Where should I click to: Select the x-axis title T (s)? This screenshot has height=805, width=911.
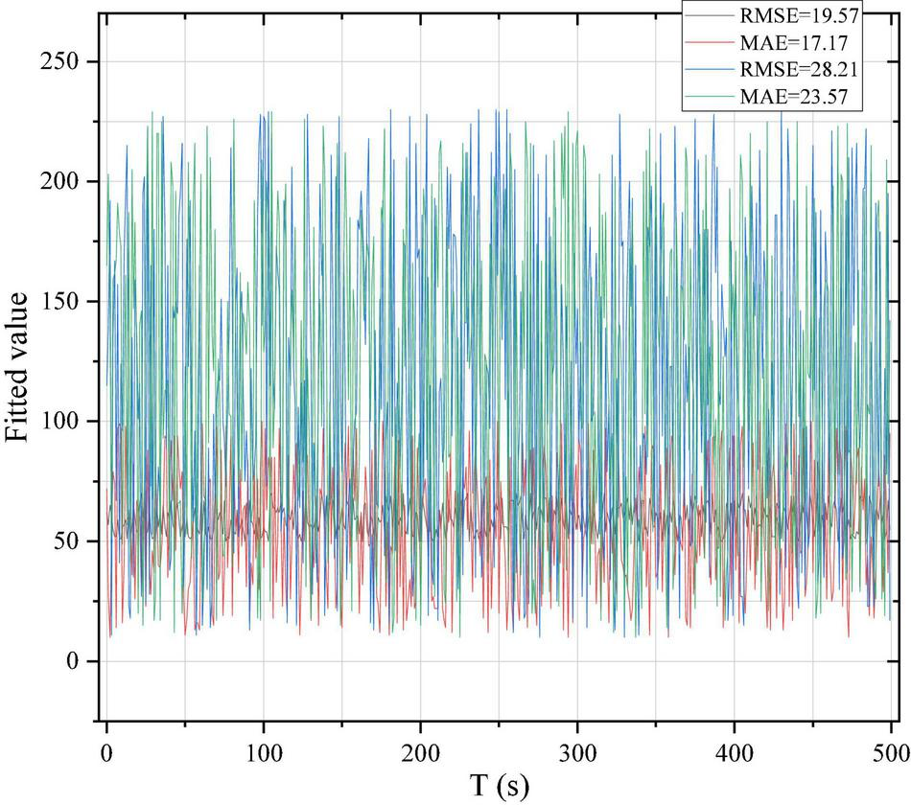499,786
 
